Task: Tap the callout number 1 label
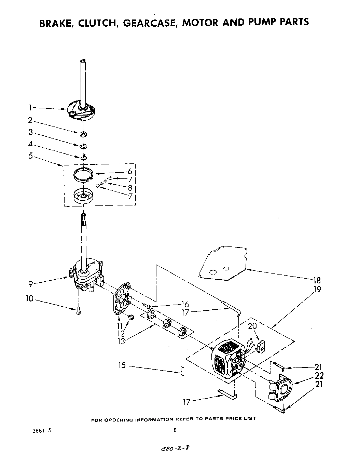(x=30, y=108)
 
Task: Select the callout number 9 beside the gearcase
(x=31, y=283)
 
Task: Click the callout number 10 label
(x=30, y=298)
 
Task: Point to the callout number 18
(x=317, y=280)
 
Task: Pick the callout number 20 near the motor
(x=252, y=326)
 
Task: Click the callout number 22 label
(x=319, y=376)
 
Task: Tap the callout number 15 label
(x=122, y=365)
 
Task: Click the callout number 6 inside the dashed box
(x=130, y=172)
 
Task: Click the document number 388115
(x=42, y=431)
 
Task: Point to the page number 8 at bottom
(x=175, y=431)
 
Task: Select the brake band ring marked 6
(x=84, y=175)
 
